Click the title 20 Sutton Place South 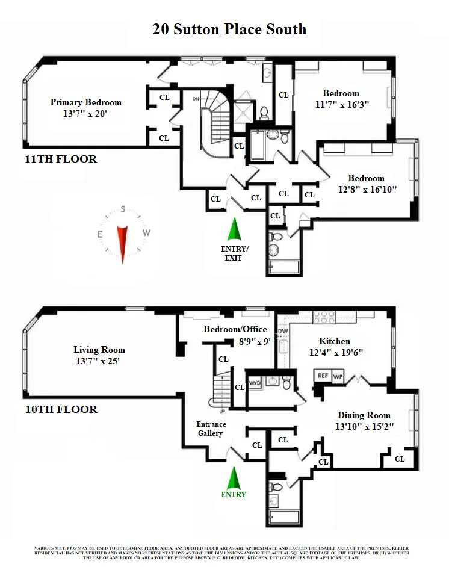coord(229,29)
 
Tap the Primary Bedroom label coord(85,102)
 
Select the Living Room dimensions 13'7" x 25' coord(99,361)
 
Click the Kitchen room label coord(334,341)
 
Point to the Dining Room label coord(364,415)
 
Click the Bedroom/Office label coord(235,329)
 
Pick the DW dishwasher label coord(283,331)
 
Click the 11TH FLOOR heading coord(61,160)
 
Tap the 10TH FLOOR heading coord(61,409)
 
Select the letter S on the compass coord(123,210)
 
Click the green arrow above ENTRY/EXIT coord(233,230)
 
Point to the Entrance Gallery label coord(211,429)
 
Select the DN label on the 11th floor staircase coord(196,98)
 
